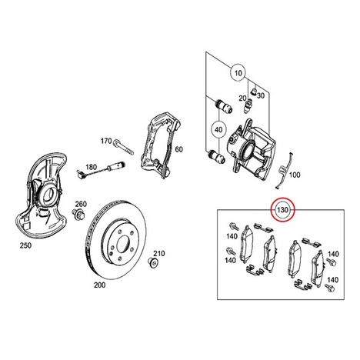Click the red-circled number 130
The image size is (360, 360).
[x=283, y=210]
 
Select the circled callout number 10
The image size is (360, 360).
[x=238, y=73]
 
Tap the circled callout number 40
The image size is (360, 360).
[x=218, y=130]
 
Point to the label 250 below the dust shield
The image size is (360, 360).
[x=25, y=245]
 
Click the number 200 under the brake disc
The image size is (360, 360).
[x=99, y=285]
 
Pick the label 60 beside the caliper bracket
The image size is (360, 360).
[x=178, y=149]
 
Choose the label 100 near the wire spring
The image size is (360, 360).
[x=295, y=175]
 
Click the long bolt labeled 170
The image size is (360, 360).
[x=123, y=147]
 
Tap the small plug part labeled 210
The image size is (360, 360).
[x=154, y=263]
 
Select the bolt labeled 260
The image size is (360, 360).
[x=78, y=213]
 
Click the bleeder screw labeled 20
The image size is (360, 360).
[x=248, y=106]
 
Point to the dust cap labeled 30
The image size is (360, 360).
[x=254, y=92]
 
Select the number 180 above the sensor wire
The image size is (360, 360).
[x=91, y=168]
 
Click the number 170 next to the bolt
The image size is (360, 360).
[x=106, y=141]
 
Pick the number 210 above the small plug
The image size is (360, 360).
[x=159, y=254]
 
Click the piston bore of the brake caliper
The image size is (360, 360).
[x=248, y=150]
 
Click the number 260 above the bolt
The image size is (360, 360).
[x=81, y=205]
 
